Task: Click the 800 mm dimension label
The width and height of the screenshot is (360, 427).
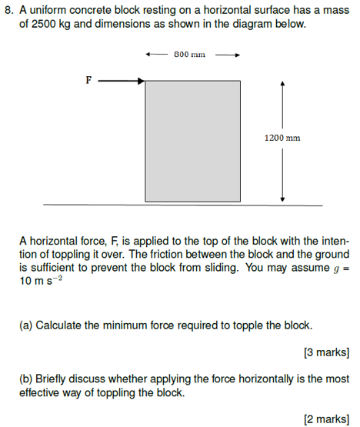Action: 191,55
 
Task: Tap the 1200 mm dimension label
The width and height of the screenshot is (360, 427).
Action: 282,138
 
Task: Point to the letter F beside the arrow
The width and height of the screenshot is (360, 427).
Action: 88,79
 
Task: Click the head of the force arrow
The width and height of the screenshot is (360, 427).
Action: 141,80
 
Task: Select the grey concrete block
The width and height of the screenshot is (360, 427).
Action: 192,140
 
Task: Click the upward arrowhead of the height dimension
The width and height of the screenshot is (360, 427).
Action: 283,82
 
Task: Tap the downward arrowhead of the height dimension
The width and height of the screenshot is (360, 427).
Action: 283,198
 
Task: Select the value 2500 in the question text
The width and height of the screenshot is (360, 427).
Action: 44,24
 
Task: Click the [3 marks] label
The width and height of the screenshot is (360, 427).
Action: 327,352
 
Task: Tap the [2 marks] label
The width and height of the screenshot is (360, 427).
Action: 327,419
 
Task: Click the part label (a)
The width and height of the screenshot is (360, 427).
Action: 26,325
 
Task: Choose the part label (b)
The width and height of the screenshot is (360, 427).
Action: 26,379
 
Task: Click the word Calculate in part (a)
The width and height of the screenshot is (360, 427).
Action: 58,325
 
